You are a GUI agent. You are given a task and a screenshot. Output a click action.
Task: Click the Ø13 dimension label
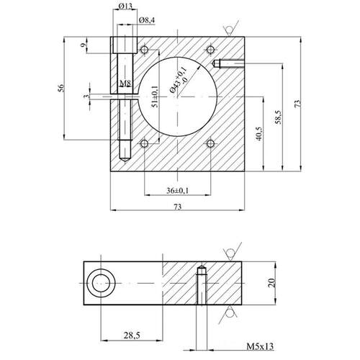125,6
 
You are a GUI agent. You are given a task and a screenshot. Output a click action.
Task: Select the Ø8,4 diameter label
147,20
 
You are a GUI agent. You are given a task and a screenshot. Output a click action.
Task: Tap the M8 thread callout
125,84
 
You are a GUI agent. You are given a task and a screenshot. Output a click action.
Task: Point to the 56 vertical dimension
62,88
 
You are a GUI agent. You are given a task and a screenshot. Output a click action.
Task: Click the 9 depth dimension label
83,45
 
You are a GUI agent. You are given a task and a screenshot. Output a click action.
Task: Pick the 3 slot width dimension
86,96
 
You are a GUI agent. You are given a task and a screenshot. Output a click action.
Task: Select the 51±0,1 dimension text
155,96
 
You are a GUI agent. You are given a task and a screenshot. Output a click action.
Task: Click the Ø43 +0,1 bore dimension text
179,80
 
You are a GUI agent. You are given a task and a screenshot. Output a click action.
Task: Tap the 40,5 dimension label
260,134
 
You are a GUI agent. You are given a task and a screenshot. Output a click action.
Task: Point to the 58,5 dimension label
279,117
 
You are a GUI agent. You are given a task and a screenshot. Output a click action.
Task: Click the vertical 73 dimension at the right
297,104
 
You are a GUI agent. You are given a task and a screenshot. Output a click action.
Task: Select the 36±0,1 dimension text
178,191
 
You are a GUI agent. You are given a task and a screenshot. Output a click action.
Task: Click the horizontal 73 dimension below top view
177,207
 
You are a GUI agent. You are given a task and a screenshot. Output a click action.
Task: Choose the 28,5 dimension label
132,335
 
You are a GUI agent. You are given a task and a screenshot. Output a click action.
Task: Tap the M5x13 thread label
260,346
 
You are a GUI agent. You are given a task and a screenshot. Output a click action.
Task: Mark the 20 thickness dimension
271,283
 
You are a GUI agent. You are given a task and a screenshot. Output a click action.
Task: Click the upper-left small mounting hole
144,50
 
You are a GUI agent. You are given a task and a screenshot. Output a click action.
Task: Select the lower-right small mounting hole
210,144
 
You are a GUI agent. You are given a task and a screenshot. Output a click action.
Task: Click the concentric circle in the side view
101,284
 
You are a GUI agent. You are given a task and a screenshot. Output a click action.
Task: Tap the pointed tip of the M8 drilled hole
125,161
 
